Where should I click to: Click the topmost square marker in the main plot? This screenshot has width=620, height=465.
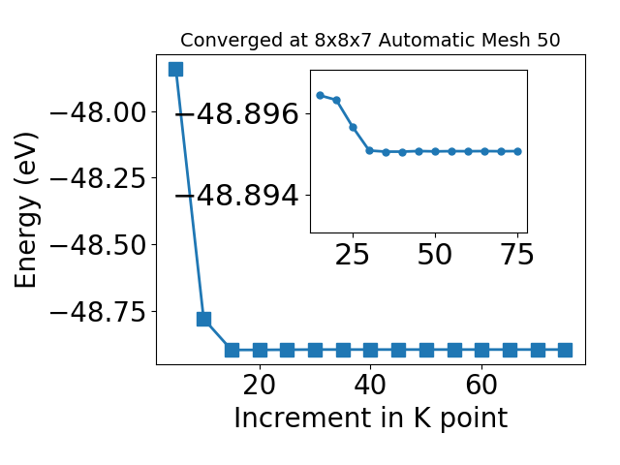[175, 69]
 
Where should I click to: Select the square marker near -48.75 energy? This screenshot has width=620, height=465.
[203, 319]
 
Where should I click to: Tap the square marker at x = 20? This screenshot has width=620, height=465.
[260, 350]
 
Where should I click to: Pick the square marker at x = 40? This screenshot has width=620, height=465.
[370, 350]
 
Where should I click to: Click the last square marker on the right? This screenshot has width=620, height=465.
[565, 350]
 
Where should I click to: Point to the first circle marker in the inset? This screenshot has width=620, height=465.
[321, 95]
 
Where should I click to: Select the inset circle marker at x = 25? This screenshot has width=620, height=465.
[353, 127]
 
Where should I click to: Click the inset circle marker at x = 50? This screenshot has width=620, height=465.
[435, 151]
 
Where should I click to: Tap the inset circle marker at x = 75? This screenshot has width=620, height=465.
[518, 151]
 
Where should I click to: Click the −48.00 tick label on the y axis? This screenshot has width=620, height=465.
[98, 112]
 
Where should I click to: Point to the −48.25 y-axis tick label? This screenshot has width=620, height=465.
[98, 178]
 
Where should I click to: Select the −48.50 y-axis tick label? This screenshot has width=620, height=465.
[98, 245]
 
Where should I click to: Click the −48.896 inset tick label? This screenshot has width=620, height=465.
[236, 114]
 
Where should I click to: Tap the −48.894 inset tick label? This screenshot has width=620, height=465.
[236, 196]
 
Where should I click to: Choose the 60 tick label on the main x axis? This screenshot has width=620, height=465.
[481, 385]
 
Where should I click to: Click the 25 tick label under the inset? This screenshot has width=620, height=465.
[352, 254]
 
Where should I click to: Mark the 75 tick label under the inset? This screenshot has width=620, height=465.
[517, 254]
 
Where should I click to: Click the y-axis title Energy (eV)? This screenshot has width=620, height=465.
[26, 210]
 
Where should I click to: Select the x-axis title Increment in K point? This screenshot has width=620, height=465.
[371, 418]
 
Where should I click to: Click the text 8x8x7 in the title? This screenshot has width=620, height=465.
[343, 40]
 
